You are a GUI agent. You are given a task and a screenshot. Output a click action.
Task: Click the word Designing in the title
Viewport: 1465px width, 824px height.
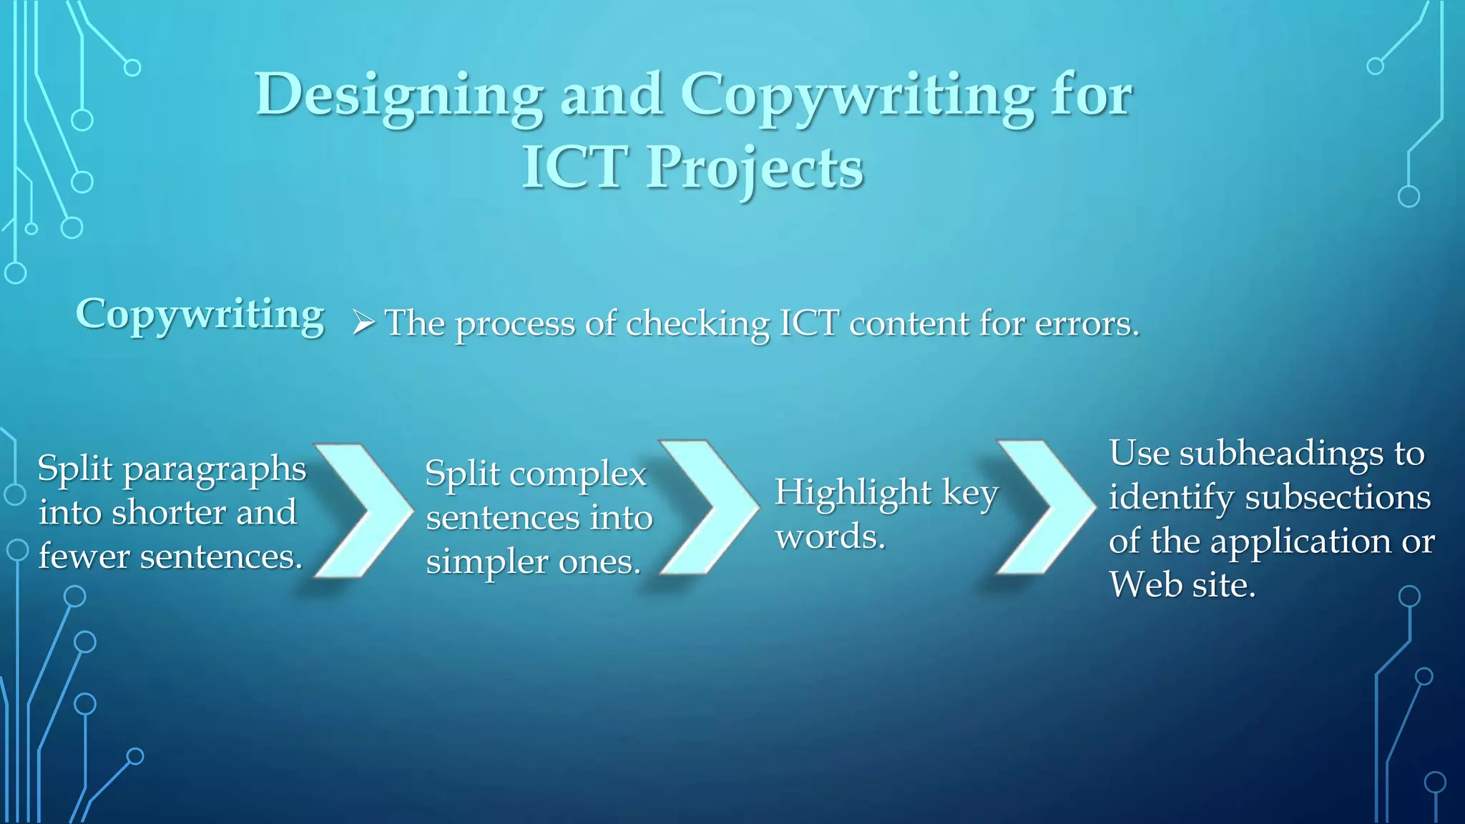[x=398, y=96]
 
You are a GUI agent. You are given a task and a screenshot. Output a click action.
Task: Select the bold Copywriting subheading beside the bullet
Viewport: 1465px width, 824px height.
[x=200, y=315]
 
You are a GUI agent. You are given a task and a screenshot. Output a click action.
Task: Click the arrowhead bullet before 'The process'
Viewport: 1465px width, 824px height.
[x=363, y=323]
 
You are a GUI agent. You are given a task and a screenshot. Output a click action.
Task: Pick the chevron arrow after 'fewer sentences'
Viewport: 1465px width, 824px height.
[x=361, y=510]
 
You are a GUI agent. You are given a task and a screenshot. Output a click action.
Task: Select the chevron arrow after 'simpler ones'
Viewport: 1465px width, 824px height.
[x=707, y=507]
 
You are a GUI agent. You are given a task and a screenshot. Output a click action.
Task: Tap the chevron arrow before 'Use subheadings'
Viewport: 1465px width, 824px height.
[x=1044, y=506]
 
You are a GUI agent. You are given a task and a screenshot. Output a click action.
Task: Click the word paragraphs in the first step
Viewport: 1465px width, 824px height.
[x=214, y=471]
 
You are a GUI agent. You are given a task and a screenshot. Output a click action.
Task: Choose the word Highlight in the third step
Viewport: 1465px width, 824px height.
[x=853, y=494]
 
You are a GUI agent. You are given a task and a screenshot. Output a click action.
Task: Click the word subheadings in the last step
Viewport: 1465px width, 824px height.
[x=1281, y=455]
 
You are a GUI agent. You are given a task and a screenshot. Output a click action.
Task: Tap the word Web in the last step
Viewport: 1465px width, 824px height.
[x=1141, y=585]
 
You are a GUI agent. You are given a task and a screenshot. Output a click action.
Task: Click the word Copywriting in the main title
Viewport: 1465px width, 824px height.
[x=856, y=96]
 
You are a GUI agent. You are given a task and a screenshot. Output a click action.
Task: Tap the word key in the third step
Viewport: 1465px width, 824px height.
[x=970, y=494]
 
